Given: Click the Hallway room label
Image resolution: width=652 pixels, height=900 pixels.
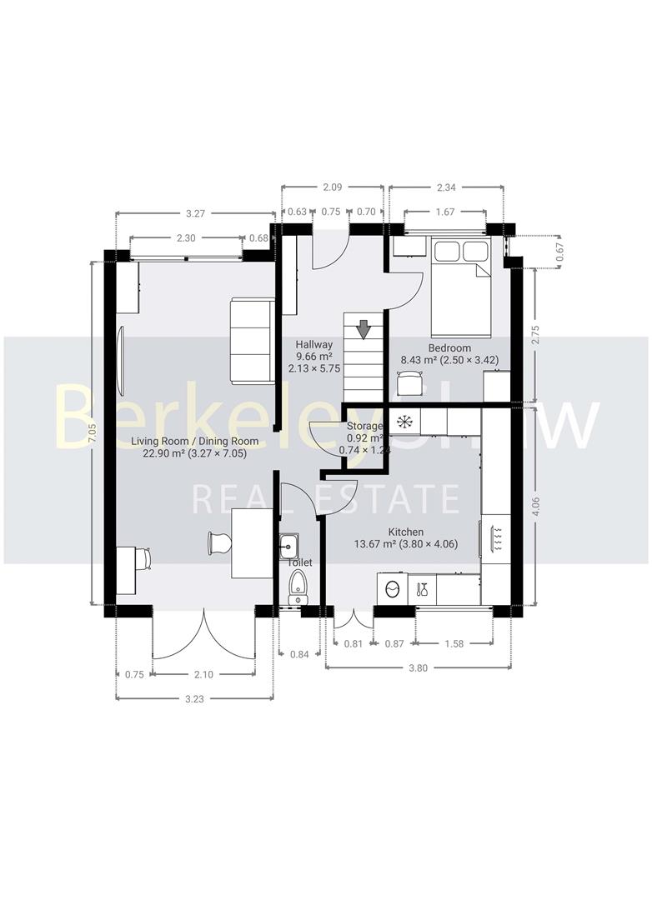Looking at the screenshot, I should (x=313, y=344).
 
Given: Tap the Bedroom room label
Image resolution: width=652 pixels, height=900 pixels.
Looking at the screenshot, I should (x=449, y=348).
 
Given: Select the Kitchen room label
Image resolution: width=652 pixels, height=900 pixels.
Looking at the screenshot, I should (x=406, y=532).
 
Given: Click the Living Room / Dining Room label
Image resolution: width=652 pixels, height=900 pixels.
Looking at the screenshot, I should (x=194, y=441).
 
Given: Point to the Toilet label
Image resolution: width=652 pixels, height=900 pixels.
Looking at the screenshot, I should (x=300, y=563).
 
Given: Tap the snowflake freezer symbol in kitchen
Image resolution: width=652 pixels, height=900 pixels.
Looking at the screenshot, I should (x=406, y=421).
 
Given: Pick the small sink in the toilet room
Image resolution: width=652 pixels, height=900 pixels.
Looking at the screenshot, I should (x=290, y=545).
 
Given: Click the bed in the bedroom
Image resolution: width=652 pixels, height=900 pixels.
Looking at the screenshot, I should (x=460, y=283).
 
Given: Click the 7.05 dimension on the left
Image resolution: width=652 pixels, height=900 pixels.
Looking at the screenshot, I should (x=93, y=432).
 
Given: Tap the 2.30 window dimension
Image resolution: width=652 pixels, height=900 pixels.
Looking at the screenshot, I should (x=187, y=238).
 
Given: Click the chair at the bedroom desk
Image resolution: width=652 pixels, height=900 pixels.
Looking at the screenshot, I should (x=410, y=382).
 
